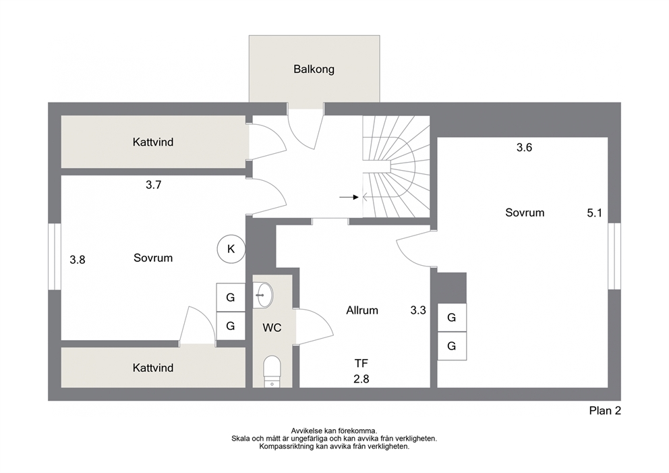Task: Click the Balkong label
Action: coord(314,69)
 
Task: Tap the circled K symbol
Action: coord(231,249)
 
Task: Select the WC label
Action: coord(272,328)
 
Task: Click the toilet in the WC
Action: coord(272,371)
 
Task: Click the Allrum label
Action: coord(361,310)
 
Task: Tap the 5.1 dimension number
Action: coord(594,213)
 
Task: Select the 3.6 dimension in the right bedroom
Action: coord(524,147)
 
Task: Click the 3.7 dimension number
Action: coord(153,185)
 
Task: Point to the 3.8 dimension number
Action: coord(78,260)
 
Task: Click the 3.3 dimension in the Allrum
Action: coord(418,310)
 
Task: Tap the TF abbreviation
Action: coord(361,363)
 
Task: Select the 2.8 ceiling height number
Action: coord(361,379)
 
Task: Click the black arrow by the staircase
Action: coord(349,197)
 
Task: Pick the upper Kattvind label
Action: coord(152,142)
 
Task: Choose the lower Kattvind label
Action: coord(152,368)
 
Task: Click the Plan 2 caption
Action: coord(605,411)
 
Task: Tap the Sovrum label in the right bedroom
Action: coord(525,213)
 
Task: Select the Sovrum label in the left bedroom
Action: coord(152,258)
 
